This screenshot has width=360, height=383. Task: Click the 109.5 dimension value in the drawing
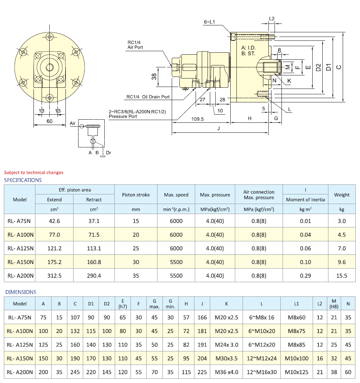tap(198, 119)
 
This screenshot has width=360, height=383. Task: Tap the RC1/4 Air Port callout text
tap(135, 45)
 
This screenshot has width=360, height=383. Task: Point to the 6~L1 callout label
tap(209, 22)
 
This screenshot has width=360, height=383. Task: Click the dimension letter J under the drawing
tap(219, 129)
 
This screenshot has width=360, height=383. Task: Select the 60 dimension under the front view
tap(49, 121)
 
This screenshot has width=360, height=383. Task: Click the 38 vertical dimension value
tap(154, 77)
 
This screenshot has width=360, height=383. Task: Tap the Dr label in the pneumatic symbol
tap(109, 153)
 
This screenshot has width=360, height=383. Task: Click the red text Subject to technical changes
tap(33, 172)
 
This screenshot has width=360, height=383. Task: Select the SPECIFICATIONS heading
tap(23, 180)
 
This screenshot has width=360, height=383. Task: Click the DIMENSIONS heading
tap(21, 292)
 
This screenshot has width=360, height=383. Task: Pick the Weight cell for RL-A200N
tap(342, 276)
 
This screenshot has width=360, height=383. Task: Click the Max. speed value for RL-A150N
tap(176, 262)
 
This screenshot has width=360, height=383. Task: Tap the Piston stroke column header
tap(136, 195)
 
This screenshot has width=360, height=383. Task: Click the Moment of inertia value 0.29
tap(305, 276)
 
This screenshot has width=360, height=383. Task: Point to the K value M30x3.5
tap(226, 358)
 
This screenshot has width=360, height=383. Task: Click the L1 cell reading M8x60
tap(296, 318)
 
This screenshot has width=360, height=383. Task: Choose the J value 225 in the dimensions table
tap(202, 372)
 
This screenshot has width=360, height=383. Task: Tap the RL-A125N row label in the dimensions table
tap(20, 345)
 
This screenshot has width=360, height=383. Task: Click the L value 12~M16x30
tap(261, 372)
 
